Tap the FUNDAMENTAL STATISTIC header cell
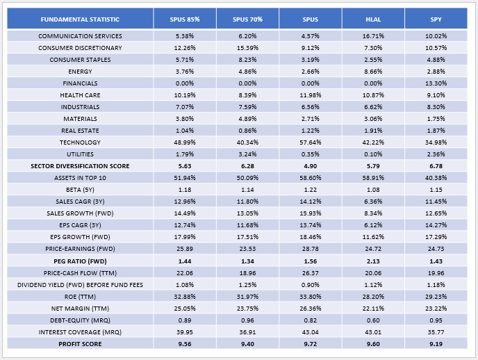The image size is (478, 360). [x=79, y=18]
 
